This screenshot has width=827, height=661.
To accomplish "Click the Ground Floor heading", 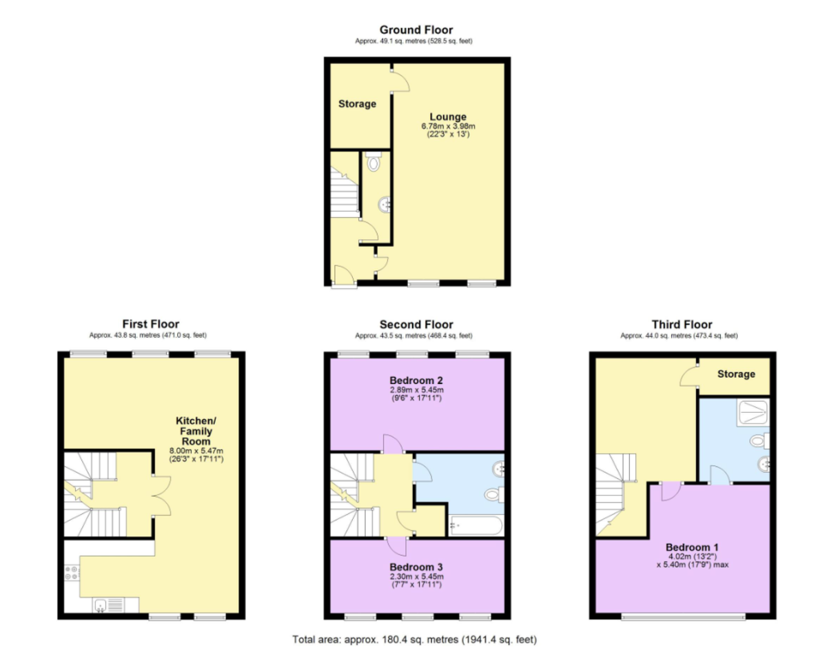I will click(416, 30).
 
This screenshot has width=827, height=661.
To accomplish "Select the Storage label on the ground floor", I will click(357, 104).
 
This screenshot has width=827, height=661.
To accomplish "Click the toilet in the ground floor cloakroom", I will click(374, 163).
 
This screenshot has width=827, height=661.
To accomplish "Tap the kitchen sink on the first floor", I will click(110, 605).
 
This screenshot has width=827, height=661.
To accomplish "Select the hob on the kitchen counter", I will click(72, 573).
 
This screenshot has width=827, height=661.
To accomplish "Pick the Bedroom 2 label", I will click(416, 380).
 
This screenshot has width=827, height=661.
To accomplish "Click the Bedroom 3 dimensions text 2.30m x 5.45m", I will click(416, 577).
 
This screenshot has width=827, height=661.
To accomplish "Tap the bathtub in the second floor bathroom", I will click(476, 526).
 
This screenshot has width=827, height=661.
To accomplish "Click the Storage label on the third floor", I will click(736, 374).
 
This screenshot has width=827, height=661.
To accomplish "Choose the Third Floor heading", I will click(682, 325).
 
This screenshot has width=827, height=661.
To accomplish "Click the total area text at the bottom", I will click(415, 640).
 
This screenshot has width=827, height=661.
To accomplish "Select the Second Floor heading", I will click(416, 325).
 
